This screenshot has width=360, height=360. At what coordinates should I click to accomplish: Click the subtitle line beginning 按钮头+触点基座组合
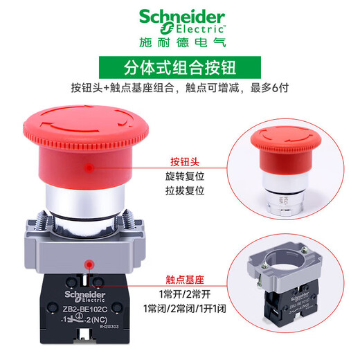[x=179, y=90]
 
